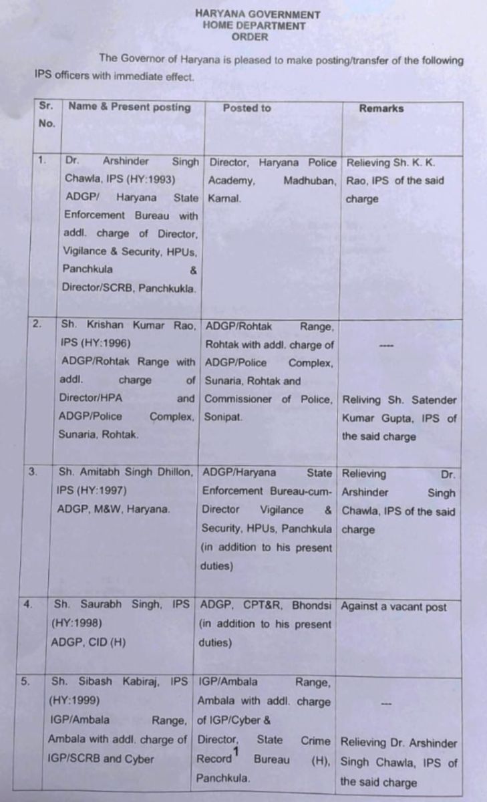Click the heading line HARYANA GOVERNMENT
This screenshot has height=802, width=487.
click(257, 14)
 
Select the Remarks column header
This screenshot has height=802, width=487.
click(381, 108)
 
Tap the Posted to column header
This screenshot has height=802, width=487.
click(247, 108)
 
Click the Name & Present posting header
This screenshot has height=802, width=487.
click(129, 107)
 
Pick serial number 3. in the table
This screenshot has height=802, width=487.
click(33, 472)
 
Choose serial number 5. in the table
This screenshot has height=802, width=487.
click(25, 682)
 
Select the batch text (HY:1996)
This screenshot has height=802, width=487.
click(104, 344)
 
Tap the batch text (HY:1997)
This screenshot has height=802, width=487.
click(100, 491)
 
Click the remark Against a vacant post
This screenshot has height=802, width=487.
click(393, 607)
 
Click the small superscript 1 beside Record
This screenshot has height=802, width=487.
click(236, 754)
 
